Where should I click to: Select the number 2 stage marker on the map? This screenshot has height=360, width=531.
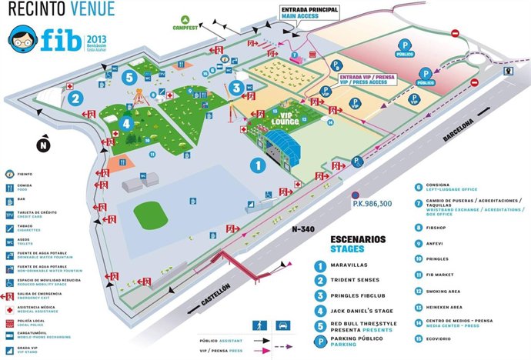(75, 98)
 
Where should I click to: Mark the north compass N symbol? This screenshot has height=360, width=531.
(44, 143)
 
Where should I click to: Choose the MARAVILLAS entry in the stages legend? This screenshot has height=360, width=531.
(352, 266)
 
